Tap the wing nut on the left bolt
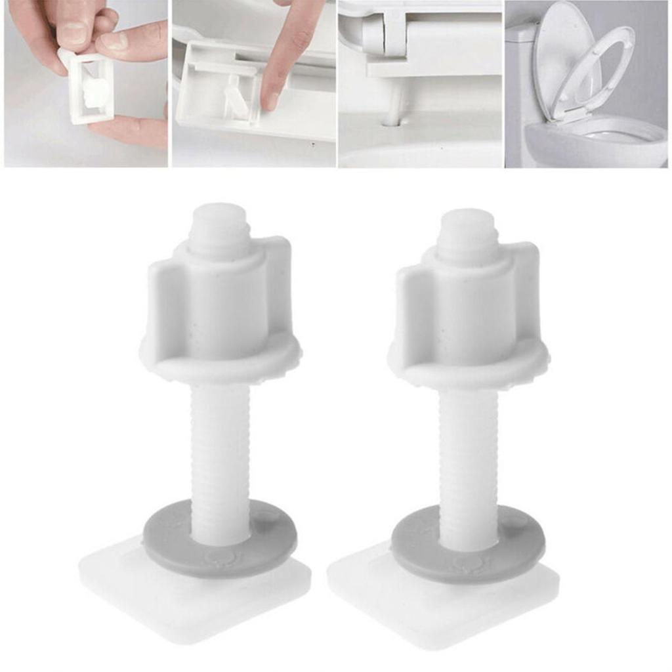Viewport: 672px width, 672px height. (x=220, y=308)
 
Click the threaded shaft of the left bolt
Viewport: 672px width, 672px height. (x=220, y=446)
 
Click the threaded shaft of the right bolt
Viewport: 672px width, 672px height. (x=468, y=453)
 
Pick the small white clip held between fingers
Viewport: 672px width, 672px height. (x=87, y=89)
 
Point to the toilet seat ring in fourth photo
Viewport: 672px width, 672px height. (x=594, y=72)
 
